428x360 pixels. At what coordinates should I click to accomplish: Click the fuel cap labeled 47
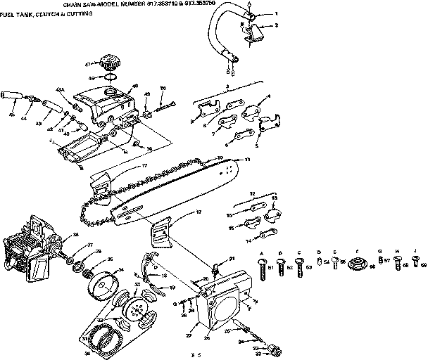click(x=111, y=63)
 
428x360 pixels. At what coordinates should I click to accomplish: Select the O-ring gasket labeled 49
click(x=110, y=76)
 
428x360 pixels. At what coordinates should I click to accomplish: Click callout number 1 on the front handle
click(x=275, y=14)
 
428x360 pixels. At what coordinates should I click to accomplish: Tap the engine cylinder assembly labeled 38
click(x=28, y=250)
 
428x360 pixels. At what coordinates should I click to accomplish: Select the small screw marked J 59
click(x=416, y=264)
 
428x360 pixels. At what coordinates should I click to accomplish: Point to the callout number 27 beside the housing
click(x=188, y=335)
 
